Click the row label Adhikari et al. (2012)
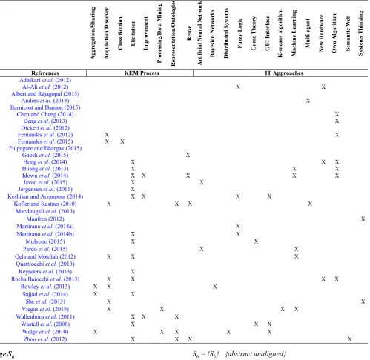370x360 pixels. (45, 80)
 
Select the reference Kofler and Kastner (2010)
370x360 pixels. (45, 204)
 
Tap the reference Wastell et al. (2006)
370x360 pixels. (45, 324)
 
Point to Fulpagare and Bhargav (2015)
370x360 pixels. (45, 148)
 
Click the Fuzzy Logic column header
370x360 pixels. (239, 33)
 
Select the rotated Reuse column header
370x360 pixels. (189, 33)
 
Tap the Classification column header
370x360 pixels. (120, 33)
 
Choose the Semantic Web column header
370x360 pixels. (348, 33)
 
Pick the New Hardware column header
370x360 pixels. (321, 33)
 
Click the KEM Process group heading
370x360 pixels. (142, 73)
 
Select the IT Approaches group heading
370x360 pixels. (284, 73)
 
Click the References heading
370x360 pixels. (45, 73)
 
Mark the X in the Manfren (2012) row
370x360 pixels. (363, 219)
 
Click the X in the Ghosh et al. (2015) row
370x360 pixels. (188, 155)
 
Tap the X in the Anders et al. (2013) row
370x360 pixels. (308, 101)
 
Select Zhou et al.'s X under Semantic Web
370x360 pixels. (349, 339)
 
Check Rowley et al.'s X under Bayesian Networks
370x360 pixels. (215, 287)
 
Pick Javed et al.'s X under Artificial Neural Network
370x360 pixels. (202, 182)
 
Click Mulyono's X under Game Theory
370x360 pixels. (256, 241)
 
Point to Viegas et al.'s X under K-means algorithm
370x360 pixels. (283, 309)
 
